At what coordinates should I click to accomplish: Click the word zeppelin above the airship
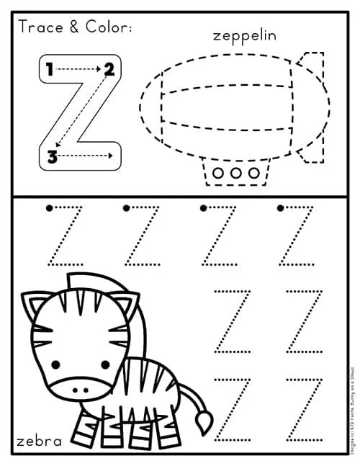click(246, 35)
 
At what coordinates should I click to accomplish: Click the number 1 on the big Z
click(49, 70)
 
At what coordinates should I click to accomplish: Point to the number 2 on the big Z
click(109, 70)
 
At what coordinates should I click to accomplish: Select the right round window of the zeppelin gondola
click(253, 173)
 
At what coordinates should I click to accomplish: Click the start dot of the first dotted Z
click(49, 209)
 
